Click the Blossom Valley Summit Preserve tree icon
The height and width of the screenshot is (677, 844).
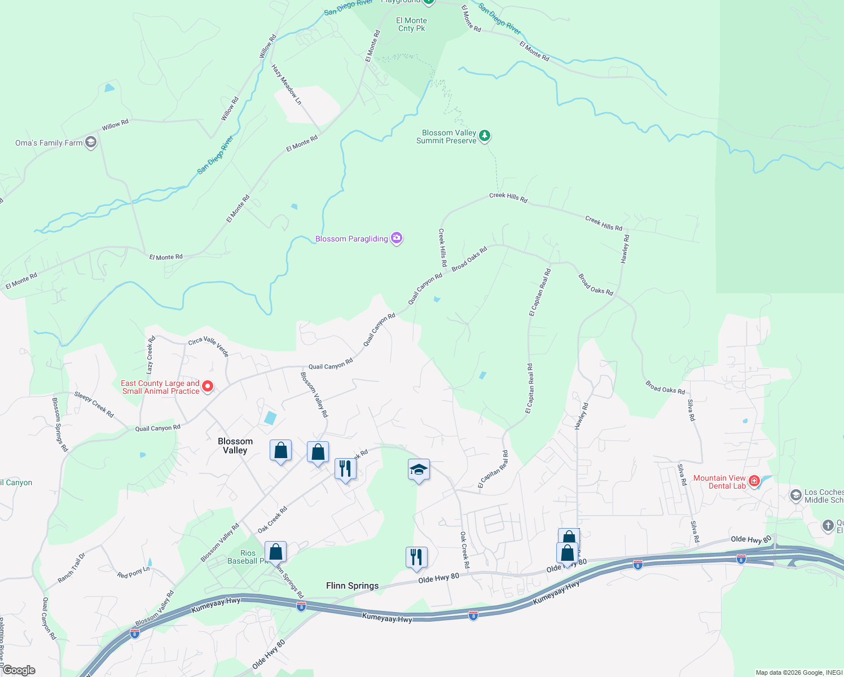tap(484, 136)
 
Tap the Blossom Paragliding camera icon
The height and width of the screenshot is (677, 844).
tap(397, 238)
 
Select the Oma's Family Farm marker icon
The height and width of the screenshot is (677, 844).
tap(90, 142)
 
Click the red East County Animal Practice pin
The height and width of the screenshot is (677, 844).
tap(208, 386)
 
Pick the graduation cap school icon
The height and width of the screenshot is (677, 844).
tap(419, 470)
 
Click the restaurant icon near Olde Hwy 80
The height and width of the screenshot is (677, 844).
tap(416, 557)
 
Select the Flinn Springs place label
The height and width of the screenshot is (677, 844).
tap(352, 586)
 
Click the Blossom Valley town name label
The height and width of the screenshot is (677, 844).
tap(235, 446)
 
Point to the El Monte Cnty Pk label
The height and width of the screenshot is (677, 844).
tap(412, 24)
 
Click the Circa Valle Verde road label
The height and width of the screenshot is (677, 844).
tap(209, 346)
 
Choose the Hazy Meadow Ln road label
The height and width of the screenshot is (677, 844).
tap(287, 85)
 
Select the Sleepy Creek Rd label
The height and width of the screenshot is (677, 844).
tap(94, 405)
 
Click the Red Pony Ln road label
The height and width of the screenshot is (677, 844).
tap(133, 572)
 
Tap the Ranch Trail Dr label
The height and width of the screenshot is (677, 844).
tap(72, 568)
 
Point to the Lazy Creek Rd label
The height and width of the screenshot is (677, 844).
tap(150, 355)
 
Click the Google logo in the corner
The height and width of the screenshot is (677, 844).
tap(18, 670)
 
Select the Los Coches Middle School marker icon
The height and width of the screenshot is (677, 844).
tap(796, 495)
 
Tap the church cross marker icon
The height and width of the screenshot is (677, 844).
tap(828, 526)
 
